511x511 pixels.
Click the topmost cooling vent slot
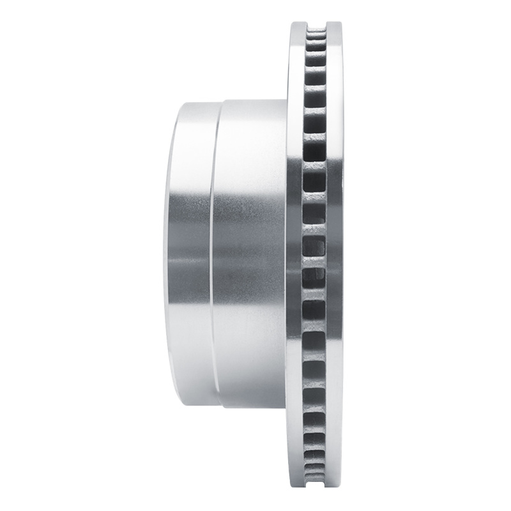pyautogui.click(x=316, y=37)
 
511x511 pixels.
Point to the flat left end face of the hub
pyautogui.click(x=171, y=256)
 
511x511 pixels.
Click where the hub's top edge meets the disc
pyautogui.click(x=286, y=100)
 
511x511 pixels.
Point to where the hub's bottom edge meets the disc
pyautogui.click(x=286, y=408)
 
